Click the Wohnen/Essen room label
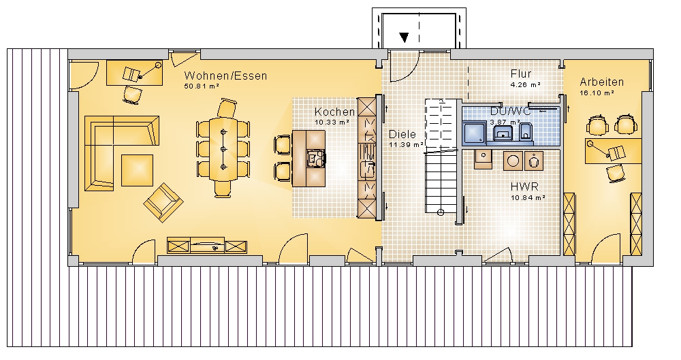225,76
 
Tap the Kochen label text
334,112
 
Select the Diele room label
402,134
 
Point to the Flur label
521,73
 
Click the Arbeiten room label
601,82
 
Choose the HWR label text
524,186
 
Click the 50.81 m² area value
202,86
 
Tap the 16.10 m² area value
597,93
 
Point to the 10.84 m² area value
528,197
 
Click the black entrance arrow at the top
405,38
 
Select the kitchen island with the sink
308,159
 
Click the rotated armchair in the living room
163,202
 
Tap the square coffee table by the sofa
137,170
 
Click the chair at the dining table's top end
227,108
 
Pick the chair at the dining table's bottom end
223,189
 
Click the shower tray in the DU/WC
474,132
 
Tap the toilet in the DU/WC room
526,131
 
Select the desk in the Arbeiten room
613,151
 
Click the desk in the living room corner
135,73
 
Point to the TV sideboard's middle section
208,246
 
